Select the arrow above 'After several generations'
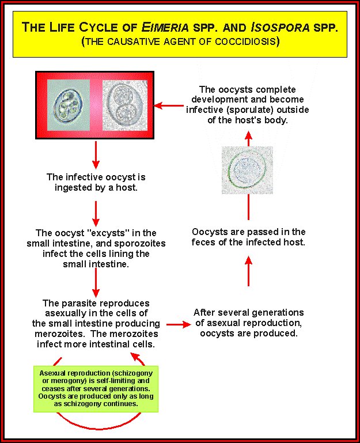point(248,272)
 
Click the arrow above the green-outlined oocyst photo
point(248,138)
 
